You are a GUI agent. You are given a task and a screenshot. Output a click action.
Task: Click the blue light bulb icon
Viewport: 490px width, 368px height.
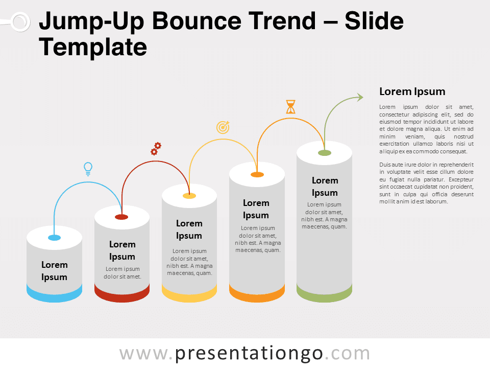pyautogui.click(x=88, y=169)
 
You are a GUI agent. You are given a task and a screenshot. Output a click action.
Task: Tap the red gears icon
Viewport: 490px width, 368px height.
pyautogui.click(x=156, y=149)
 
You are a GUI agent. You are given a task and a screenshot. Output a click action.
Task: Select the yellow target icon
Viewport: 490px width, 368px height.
pyautogui.click(x=223, y=127)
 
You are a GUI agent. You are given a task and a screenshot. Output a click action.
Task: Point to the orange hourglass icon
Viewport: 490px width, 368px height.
pyautogui.click(x=290, y=107)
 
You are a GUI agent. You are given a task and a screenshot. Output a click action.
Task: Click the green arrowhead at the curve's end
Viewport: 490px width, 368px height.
pyautogui.click(x=360, y=97)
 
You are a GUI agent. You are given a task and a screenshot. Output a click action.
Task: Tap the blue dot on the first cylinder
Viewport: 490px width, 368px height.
pyautogui.click(x=55, y=238)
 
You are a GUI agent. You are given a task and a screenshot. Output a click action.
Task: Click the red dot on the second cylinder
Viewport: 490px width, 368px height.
pyautogui.click(x=121, y=217)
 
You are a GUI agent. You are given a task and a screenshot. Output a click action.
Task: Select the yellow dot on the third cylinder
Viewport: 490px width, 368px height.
pyautogui.click(x=189, y=196)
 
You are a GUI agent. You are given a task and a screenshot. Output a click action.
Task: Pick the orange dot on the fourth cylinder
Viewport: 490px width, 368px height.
pyautogui.click(x=257, y=175)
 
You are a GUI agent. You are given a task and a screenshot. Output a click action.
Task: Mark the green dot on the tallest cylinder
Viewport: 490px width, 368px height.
pyautogui.click(x=325, y=153)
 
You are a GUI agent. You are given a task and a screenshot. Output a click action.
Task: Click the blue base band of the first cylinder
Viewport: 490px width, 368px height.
pyautogui.click(x=55, y=294)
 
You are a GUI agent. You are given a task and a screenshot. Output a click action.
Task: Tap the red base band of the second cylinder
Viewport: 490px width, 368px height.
pyautogui.click(x=122, y=294)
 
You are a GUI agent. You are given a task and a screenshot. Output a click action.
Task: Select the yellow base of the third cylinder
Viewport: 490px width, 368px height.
pyautogui.click(x=189, y=294)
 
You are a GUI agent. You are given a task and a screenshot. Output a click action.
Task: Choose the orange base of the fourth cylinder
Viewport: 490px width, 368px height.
pyautogui.click(x=257, y=294)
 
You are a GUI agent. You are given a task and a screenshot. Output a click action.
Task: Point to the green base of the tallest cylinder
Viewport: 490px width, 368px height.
pyautogui.click(x=325, y=294)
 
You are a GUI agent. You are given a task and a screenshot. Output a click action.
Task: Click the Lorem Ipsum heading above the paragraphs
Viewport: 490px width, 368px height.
pyautogui.click(x=412, y=91)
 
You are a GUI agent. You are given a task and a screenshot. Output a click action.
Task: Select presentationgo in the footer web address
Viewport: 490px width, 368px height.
pyautogui.click(x=249, y=354)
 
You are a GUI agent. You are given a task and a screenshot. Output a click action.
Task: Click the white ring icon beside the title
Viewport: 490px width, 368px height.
pyautogui.click(x=20, y=22)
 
